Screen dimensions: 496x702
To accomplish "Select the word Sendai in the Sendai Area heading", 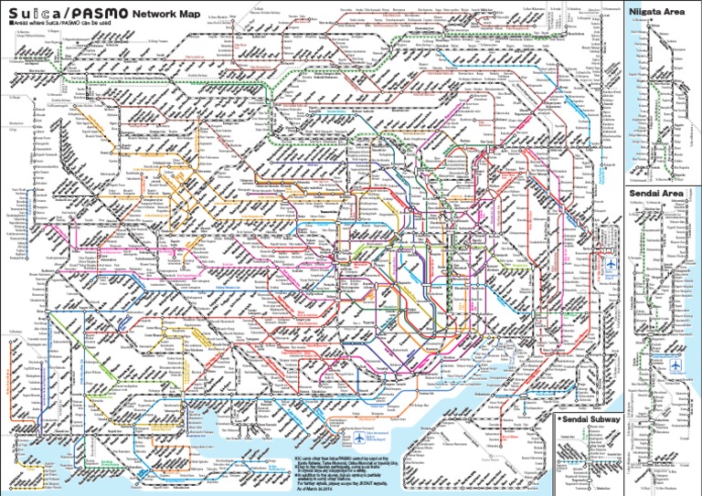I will coord(647,195).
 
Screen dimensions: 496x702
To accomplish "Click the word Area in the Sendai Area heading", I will coord(681,195).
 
